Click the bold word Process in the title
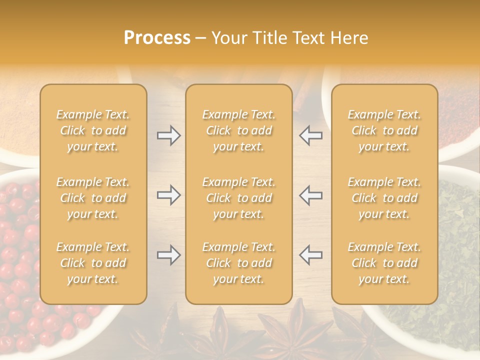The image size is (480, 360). point(157,38)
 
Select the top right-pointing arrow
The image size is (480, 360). point(169,135)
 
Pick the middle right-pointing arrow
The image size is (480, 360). point(169,195)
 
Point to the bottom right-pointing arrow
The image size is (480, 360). point(169,255)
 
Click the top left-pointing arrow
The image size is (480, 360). point(310,135)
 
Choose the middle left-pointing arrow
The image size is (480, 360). point(310,195)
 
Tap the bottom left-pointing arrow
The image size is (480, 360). point(310,255)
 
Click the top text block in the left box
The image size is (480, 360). point(93,130)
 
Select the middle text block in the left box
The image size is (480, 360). point(93,198)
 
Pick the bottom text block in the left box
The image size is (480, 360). point(93,263)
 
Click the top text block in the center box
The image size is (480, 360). point(238,130)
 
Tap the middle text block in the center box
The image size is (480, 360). point(238,198)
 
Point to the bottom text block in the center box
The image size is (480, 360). point(238,263)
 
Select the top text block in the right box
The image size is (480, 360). point(384,130)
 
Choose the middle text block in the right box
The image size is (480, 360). point(384,198)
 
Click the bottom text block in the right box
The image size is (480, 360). point(384,263)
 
